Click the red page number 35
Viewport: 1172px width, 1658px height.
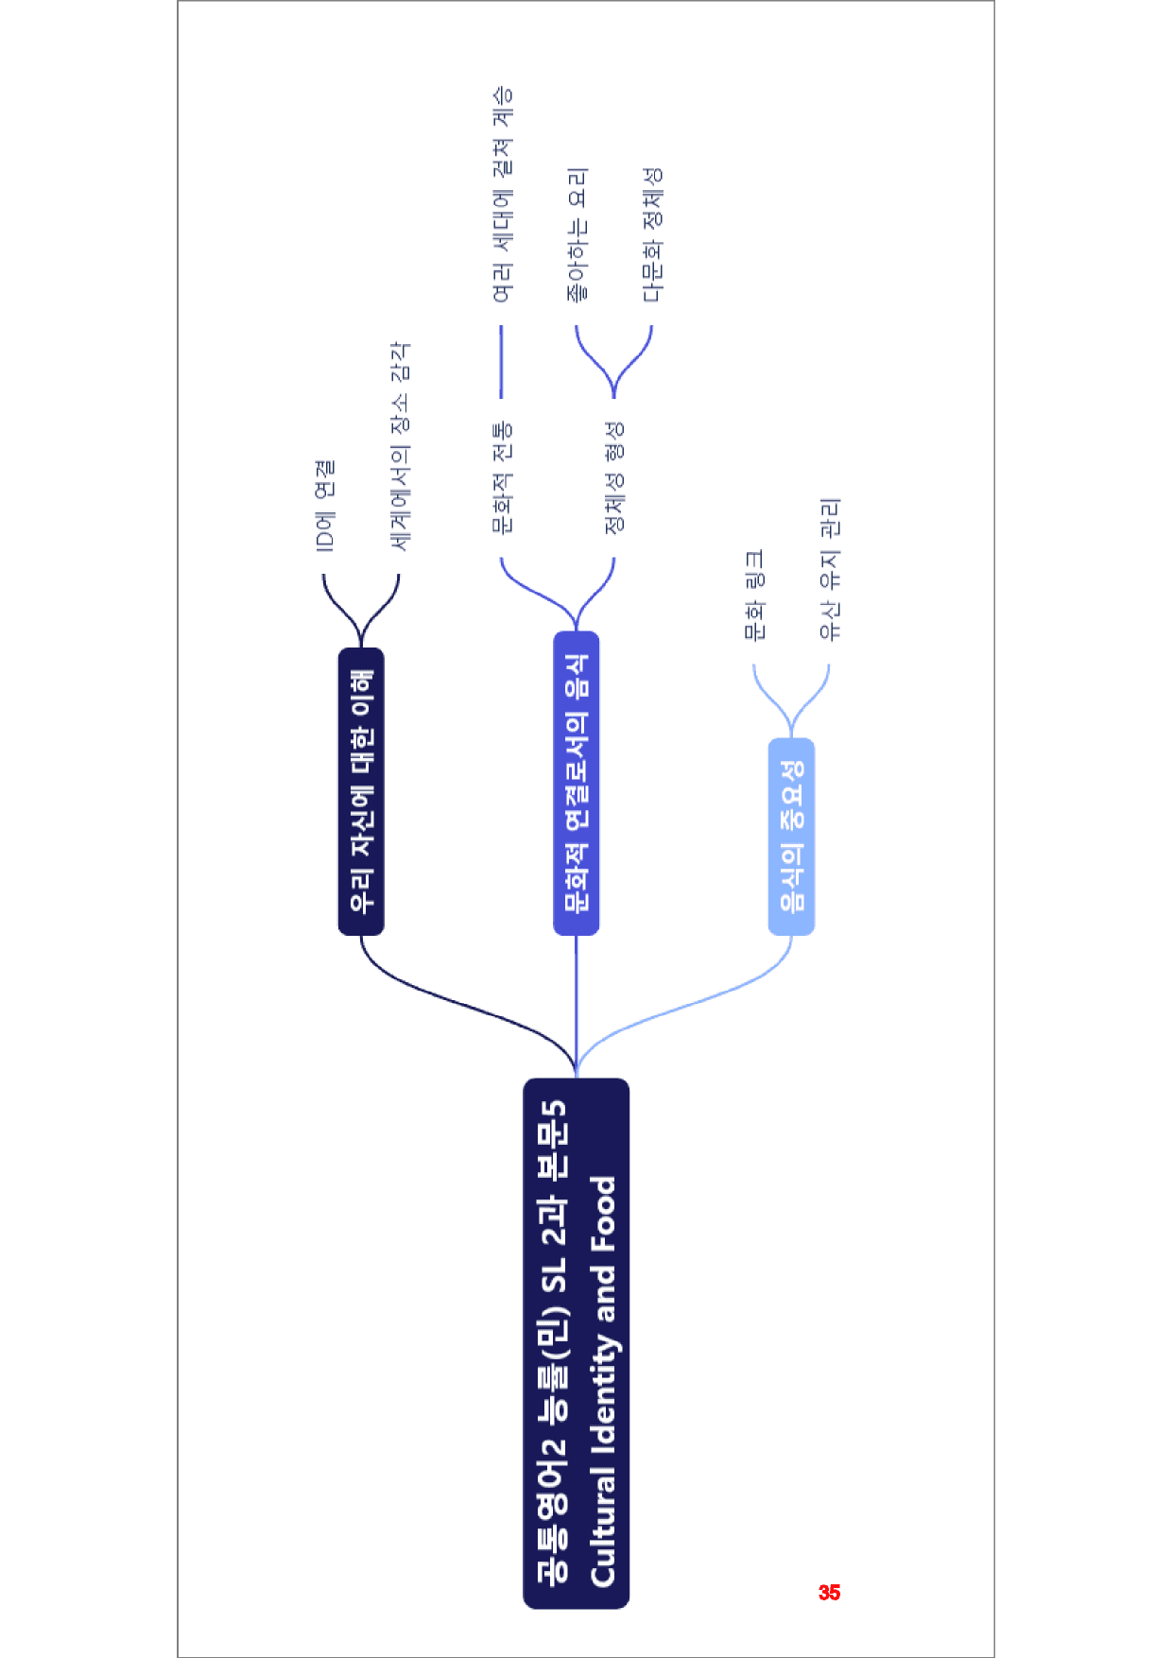(x=829, y=1593)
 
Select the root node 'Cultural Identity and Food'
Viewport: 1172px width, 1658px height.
(x=576, y=1343)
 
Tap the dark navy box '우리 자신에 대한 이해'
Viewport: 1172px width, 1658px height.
(x=361, y=791)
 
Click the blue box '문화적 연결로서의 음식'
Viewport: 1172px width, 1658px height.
(x=576, y=783)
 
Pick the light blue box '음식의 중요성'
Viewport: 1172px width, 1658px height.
(x=791, y=837)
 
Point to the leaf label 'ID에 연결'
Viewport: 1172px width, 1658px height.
(x=324, y=506)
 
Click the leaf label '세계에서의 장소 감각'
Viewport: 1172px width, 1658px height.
(x=400, y=446)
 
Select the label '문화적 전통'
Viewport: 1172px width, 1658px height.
(x=502, y=478)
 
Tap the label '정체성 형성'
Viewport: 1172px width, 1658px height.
(x=614, y=478)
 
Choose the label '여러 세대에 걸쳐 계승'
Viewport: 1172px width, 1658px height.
(x=502, y=195)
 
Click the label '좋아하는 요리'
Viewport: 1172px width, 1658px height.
(x=577, y=235)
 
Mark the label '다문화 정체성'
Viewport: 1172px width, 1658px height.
(x=652, y=235)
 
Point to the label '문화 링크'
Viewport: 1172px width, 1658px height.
(x=754, y=596)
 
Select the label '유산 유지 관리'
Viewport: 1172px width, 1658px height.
(x=829, y=569)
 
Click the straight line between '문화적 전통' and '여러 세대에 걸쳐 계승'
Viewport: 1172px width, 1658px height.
(x=501, y=362)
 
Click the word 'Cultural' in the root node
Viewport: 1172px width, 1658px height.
(x=602, y=1528)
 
